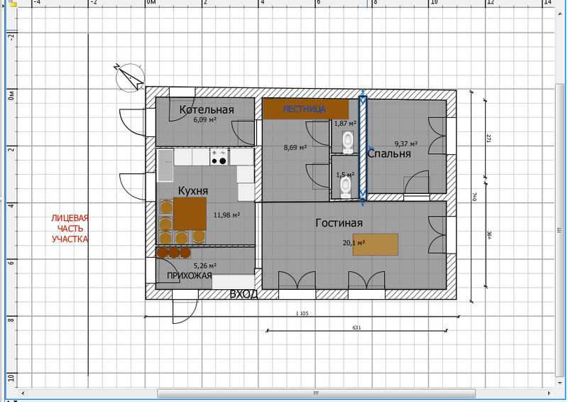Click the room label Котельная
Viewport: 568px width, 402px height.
pyautogui.click(x=207, y=109)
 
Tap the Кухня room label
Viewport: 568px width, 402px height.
pyautogui.click(x=193, y=190)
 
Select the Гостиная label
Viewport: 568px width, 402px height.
pyautogui.click(x=339, y=222)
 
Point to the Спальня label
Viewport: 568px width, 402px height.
pyautogui.click(x=389, y=153)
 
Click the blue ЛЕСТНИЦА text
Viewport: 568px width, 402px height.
pyautogui.click(x=304, y=109)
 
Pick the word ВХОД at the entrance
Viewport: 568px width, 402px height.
pyautogui.click(x=244, y=294)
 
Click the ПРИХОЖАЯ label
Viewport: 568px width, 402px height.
pyautogui.click(x=189, y=276)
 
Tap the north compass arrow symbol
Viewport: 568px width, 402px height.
pyautogui.click(x=130, y=77)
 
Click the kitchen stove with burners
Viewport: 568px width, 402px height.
pyautogui.click(x=219, y=158)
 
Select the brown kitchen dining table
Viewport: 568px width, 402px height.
pyautogui.click(x=190, y=214)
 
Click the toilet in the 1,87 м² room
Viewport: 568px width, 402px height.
pyautogui.click(x=348, y=142)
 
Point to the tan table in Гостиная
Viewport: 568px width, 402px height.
pyautogui.click(x=376, y=244)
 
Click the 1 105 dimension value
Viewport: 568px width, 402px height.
pyautogui.click(x=302, y=313)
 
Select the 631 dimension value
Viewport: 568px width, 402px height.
pyautogui.click(x=357, y=327)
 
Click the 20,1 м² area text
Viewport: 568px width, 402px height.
pyautogui.click(x=354, y=242)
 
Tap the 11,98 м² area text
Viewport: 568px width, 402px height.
pyautogui.click(x=226, y=215)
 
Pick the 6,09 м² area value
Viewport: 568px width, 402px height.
pyautogui.click(x=205, y=119)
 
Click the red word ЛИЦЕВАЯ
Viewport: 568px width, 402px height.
pyautogui.click(x=70, y=218)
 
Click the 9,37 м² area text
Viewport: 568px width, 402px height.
pyautogui.click(x=406, y=144)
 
